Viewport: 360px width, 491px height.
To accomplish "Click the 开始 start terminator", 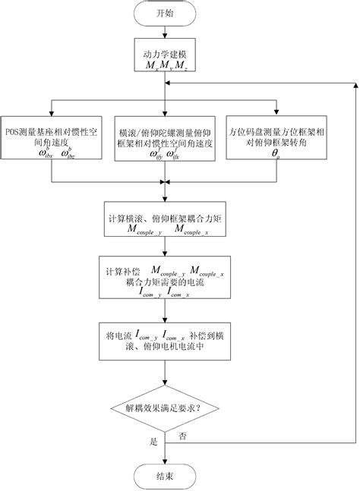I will [x=165, y=13].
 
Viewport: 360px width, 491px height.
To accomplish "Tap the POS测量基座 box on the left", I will [x=52, y=137].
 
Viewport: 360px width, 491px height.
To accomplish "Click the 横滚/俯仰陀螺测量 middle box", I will [x=164, y=137].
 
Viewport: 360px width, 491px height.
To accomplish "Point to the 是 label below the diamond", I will [x=155, y=439].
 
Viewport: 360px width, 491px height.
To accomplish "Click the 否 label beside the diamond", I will [x=183, y=436].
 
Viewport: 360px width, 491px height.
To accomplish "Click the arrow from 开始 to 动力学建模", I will [x=165, y=33].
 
